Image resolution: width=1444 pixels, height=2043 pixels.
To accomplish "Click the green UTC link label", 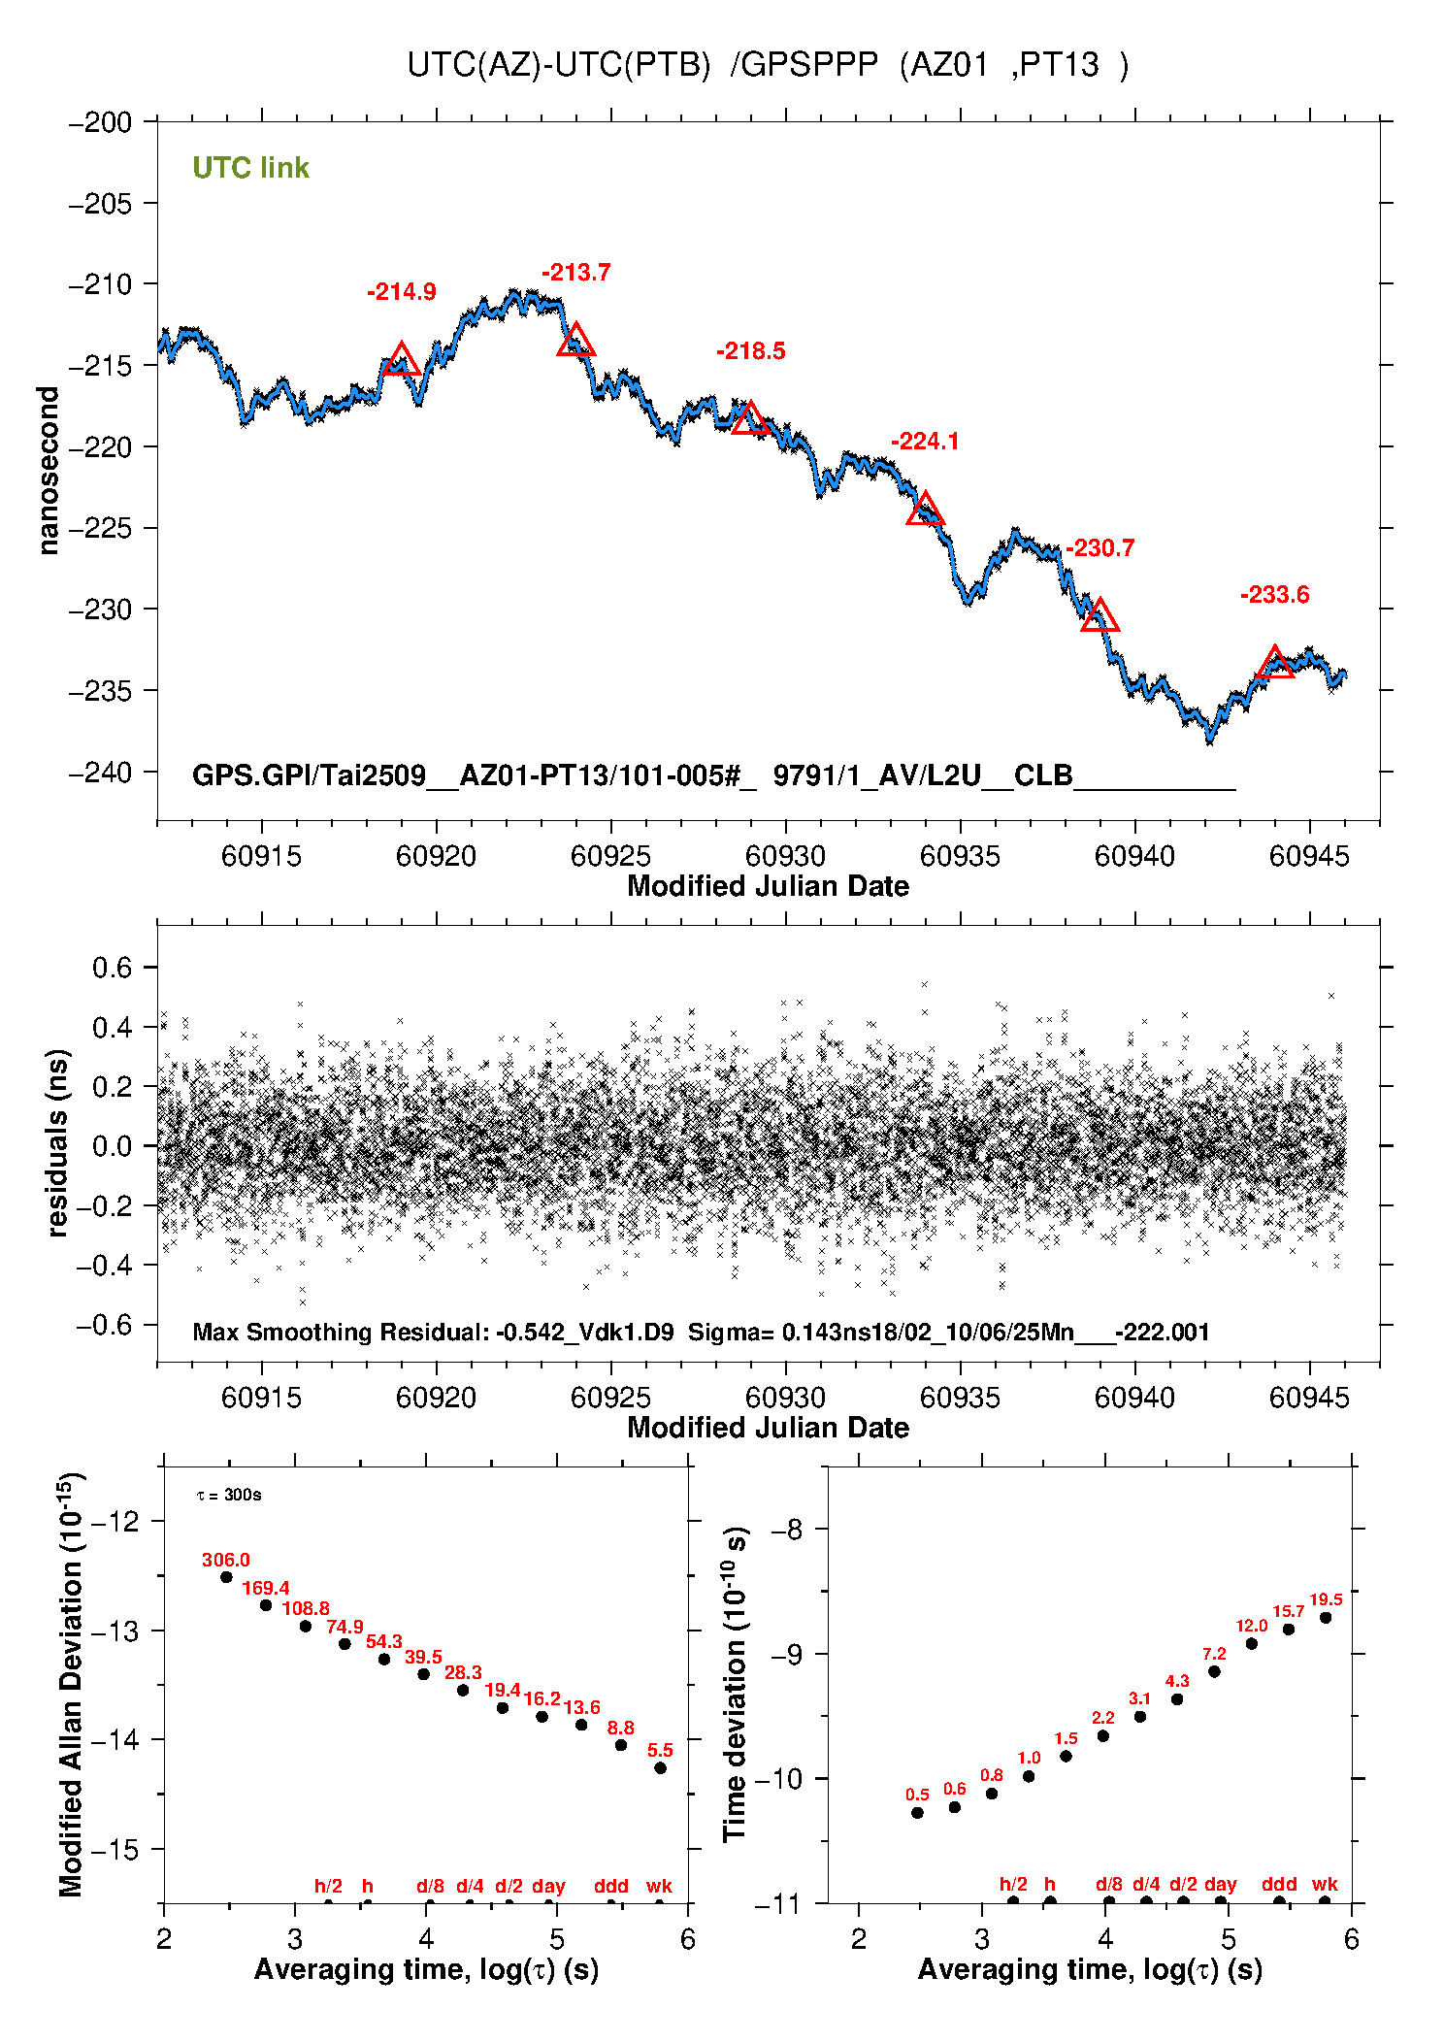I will pyautogui.click(x=250, y=168).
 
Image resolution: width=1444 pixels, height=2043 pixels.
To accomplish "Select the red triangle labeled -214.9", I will pyautogui.click(x=401, y=360).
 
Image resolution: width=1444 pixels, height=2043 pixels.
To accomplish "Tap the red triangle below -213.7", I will pyautogui.click(x=575, y=341).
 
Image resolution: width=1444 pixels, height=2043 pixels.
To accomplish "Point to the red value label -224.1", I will pyautogui.click(x=925, y=442).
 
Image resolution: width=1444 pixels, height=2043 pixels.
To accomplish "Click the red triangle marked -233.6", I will pyautogui.click(x=1274, y=664).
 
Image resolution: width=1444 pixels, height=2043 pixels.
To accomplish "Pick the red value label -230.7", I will pyautogui.click(x=1099, y=548).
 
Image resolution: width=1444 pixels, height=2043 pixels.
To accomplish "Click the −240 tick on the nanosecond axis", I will pyautogui.click(x=101, y=773).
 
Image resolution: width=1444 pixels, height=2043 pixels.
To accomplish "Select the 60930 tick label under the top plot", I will pyautogui.click(x=785, y=856).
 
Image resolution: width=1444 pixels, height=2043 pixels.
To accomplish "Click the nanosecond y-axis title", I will pyautogui.click(x=49, y=471).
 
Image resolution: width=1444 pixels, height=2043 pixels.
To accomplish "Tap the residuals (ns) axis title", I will pyautogui.click(x=58, y=1143).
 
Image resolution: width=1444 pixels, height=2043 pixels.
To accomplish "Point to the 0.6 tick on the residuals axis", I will pyautogui.click(x=112, y=968).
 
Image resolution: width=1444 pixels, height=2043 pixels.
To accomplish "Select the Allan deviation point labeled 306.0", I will pyautogui.click(x=226, y=1577).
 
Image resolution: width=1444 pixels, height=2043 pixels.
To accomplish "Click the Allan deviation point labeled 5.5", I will pyautogui.click(x=660, y=1768).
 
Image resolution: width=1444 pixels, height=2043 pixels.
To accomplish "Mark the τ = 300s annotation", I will pyautogui.click(x=229, y=1495).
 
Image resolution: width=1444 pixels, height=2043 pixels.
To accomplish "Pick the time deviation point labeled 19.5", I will pyautogui.click(x=1326, y=1618).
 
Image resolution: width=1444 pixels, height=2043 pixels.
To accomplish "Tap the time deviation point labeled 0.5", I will pyautogui.click(x=917, y=1813).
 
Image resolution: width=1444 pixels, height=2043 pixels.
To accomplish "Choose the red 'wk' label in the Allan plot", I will pyautogui.click(x=659, y=1886).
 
